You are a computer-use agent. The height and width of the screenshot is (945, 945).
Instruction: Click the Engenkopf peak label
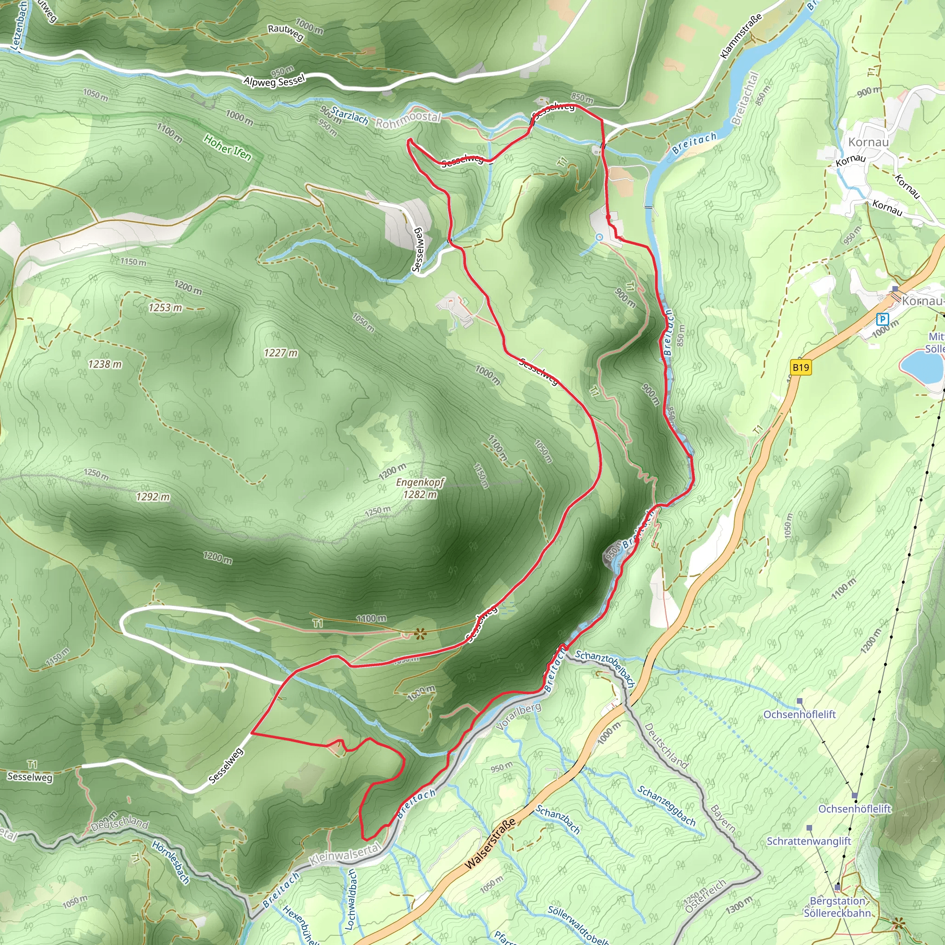click(x=420, y=483)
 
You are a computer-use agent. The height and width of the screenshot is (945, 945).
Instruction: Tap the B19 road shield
click(x=801, y=367)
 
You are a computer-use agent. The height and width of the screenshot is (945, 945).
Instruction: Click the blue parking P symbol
click(x=882, y=319)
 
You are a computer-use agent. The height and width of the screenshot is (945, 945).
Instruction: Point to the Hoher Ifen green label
click(x=227, y=147)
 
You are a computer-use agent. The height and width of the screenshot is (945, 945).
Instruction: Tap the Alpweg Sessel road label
click(x=274, y=81)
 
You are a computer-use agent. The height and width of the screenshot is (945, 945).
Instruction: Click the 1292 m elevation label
click(x=153, y=497)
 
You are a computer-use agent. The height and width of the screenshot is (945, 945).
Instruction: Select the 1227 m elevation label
click(x=280, y=353)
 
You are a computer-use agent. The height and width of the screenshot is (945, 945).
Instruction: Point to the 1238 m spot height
click(x=105, y=364)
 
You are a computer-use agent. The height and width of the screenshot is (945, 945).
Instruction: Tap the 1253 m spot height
click(x=165, y=308)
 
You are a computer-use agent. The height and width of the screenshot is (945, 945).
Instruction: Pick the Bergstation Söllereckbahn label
click(x=837, y=907)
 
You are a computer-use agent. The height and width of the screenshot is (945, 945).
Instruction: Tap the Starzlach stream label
click(x=349, y=115)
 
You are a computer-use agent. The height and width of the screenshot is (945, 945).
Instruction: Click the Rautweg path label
click(x=286, y=32)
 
